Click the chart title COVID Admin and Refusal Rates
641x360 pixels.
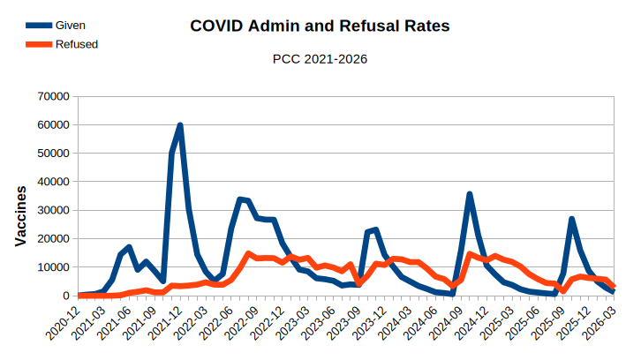[x=320, y=26]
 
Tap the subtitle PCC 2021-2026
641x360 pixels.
[x=320, y=59]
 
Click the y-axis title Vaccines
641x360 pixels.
[x=20, y=215]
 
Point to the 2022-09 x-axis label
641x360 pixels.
[x=243, y=323]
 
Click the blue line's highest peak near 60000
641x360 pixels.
[x=180, y=125]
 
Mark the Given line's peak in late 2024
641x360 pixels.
[x=470, y=194]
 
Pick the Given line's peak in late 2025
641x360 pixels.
[x=572, y=219]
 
